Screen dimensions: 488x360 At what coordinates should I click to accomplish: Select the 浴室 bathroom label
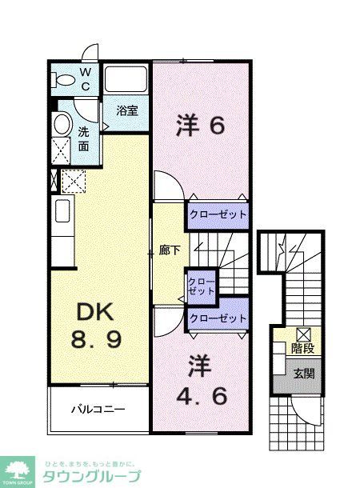coord(126,110)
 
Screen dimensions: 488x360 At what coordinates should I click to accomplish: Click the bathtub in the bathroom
coord(126,81)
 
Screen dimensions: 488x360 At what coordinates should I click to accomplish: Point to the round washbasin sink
coord(61,123)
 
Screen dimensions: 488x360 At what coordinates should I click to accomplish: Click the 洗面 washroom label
coord(84,138)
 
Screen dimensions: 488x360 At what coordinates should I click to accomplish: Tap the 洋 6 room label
coord(201,126)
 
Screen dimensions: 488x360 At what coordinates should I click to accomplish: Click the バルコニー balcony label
coord(98,410)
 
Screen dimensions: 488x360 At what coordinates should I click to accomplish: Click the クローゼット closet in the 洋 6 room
coord(218,214)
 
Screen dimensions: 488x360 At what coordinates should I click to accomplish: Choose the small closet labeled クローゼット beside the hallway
coord(201,286)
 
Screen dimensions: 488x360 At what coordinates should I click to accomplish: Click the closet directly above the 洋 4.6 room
coord(218,318)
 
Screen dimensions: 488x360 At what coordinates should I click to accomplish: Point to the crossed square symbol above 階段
coord(303,334)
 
